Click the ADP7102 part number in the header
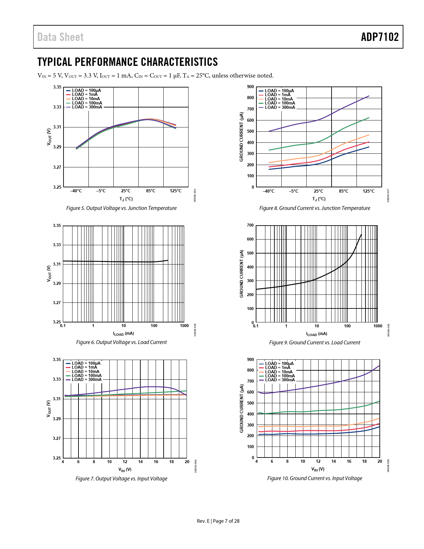click(379, 37)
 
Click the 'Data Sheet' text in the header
click(61, 37)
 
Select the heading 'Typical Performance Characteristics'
click(127, 62)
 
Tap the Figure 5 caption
click(121, 208)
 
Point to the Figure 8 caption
click(315, 208)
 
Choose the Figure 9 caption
click(315, 342)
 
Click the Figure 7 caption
click(121, 478)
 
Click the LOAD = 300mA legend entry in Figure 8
click(280, 107)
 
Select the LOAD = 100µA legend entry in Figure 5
click(86, 90)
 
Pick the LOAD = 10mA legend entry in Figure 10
click(279, 372)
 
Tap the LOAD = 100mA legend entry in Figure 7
click(86, 375)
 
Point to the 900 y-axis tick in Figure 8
click(250, 87)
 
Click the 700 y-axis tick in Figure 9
click(250, 225)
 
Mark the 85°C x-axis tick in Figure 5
click(151, 191)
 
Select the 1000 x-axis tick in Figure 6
click(184, 326)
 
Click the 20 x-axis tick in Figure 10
click(380, 461)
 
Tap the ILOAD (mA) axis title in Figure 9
click(317, 334)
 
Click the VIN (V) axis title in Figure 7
click(125, 469)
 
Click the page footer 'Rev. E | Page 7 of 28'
click(218, 521)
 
